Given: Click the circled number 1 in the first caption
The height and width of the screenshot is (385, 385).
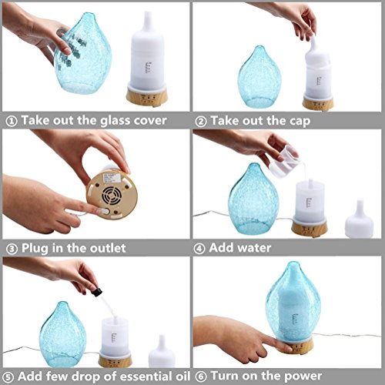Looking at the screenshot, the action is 12,122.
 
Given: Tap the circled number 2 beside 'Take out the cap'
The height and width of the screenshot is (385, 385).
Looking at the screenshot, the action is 201,122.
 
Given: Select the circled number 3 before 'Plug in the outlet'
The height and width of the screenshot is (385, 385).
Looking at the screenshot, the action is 12,249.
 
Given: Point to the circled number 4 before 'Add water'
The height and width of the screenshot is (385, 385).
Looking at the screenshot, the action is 199,249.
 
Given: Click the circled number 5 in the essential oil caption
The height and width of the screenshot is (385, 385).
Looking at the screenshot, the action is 8,377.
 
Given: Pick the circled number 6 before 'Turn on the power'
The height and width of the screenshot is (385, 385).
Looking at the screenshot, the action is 201,377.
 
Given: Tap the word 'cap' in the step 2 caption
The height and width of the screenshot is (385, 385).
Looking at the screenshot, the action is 300,122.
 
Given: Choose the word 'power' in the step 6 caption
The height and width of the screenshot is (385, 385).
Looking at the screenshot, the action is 303,377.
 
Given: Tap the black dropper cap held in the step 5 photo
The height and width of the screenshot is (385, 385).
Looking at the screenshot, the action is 97,292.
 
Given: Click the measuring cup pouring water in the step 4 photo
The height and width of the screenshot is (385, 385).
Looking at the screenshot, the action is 285,162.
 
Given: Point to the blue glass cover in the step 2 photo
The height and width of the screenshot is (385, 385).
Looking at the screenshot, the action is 259,76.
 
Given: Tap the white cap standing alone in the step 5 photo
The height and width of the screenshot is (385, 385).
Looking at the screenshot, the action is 162,351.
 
